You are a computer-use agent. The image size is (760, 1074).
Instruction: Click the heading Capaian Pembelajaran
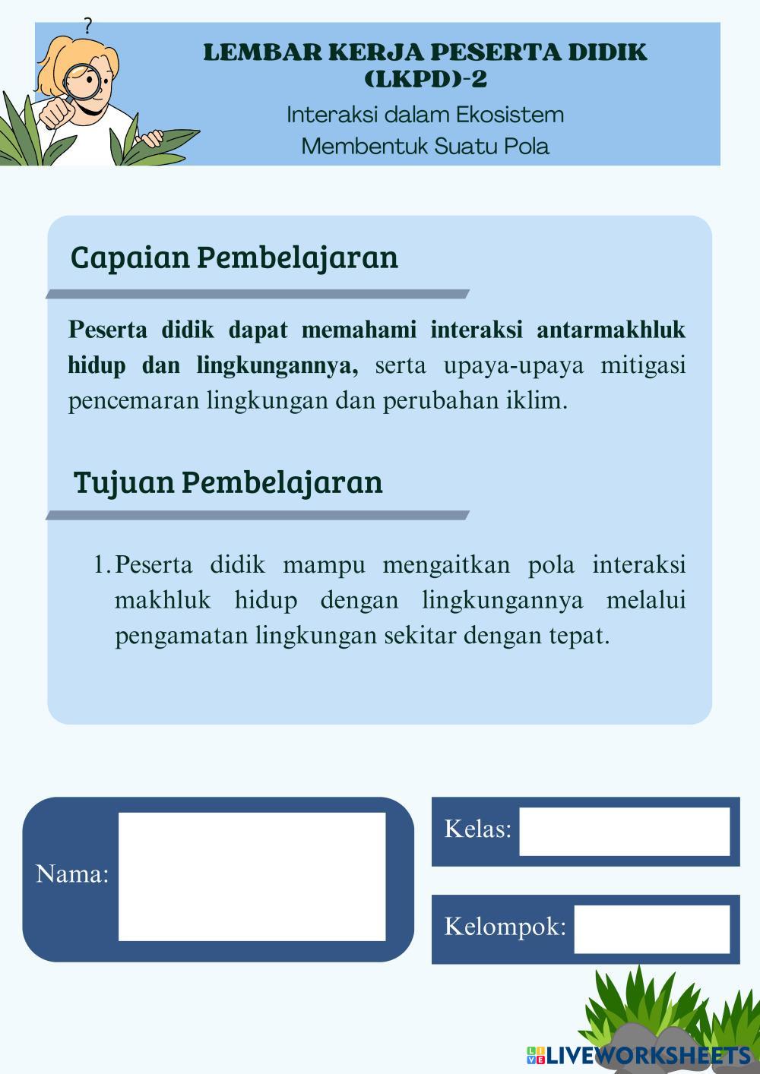[x=234, y=257]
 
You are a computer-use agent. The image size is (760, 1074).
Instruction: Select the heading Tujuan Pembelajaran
[x=228, y=482]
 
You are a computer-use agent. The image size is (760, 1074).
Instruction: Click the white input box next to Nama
[x=252, y=877]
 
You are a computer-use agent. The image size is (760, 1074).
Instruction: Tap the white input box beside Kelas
[x=624, y=831]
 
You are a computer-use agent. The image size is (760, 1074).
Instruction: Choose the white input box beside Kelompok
[x=651, y=928]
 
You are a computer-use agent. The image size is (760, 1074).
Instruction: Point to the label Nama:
[x=72, y=874]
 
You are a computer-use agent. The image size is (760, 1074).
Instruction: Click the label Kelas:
[x=477, y=829]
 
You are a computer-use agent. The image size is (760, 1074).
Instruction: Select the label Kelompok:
[x=505, y=927]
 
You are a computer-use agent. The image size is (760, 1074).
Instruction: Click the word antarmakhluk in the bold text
[x=611, y=330]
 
